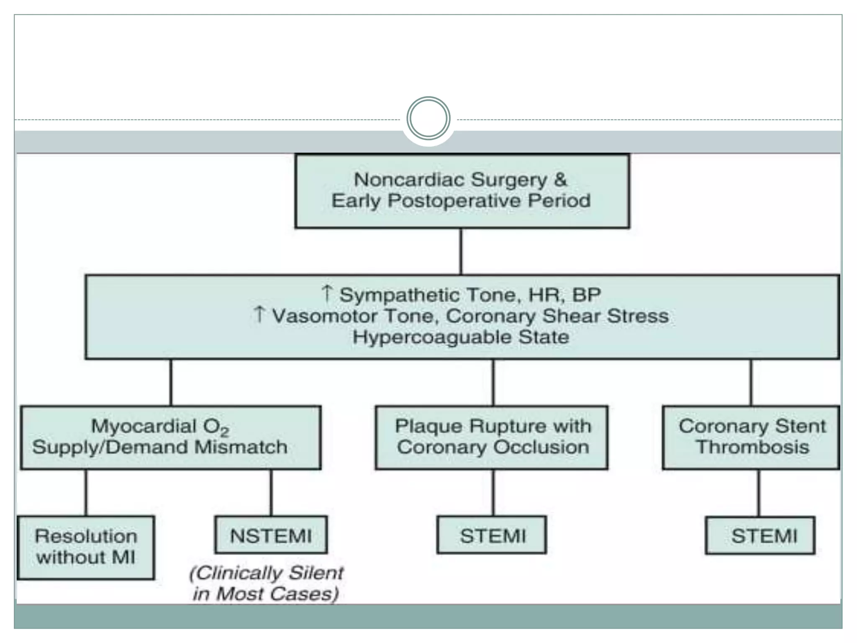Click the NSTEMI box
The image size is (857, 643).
pyautogui.click(x=271, y=535)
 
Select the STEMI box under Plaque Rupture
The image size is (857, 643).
pyautogui.click(x=492, y=535)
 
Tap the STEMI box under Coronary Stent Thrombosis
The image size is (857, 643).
pyautogui.click(x=760, y=536)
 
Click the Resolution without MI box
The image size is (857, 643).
pyautogui.click(x=86, y=547)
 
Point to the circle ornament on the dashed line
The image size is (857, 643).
pyautogui.click(x=428, y=118)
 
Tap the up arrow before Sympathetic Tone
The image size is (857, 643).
pyautogui.click(x=327, y=293)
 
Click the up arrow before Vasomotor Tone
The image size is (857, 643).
pyautogui.click(x=259, y=314)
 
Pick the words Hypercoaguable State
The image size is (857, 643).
pyautogui.click(x=461, y=337)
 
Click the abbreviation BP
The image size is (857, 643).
pyautogui.click(x=586, y=295)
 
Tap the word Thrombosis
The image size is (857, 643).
pyautogui.click(x=752, y=447)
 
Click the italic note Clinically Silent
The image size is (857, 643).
pyautogui.click(x=267, y=573)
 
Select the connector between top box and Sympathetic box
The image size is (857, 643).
pyautogui.click(x=461, y=251)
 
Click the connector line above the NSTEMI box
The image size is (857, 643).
pyautogui.click(x=271, y=492)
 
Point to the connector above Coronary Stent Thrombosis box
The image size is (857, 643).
pyautogui.click(x=751, y=382)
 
